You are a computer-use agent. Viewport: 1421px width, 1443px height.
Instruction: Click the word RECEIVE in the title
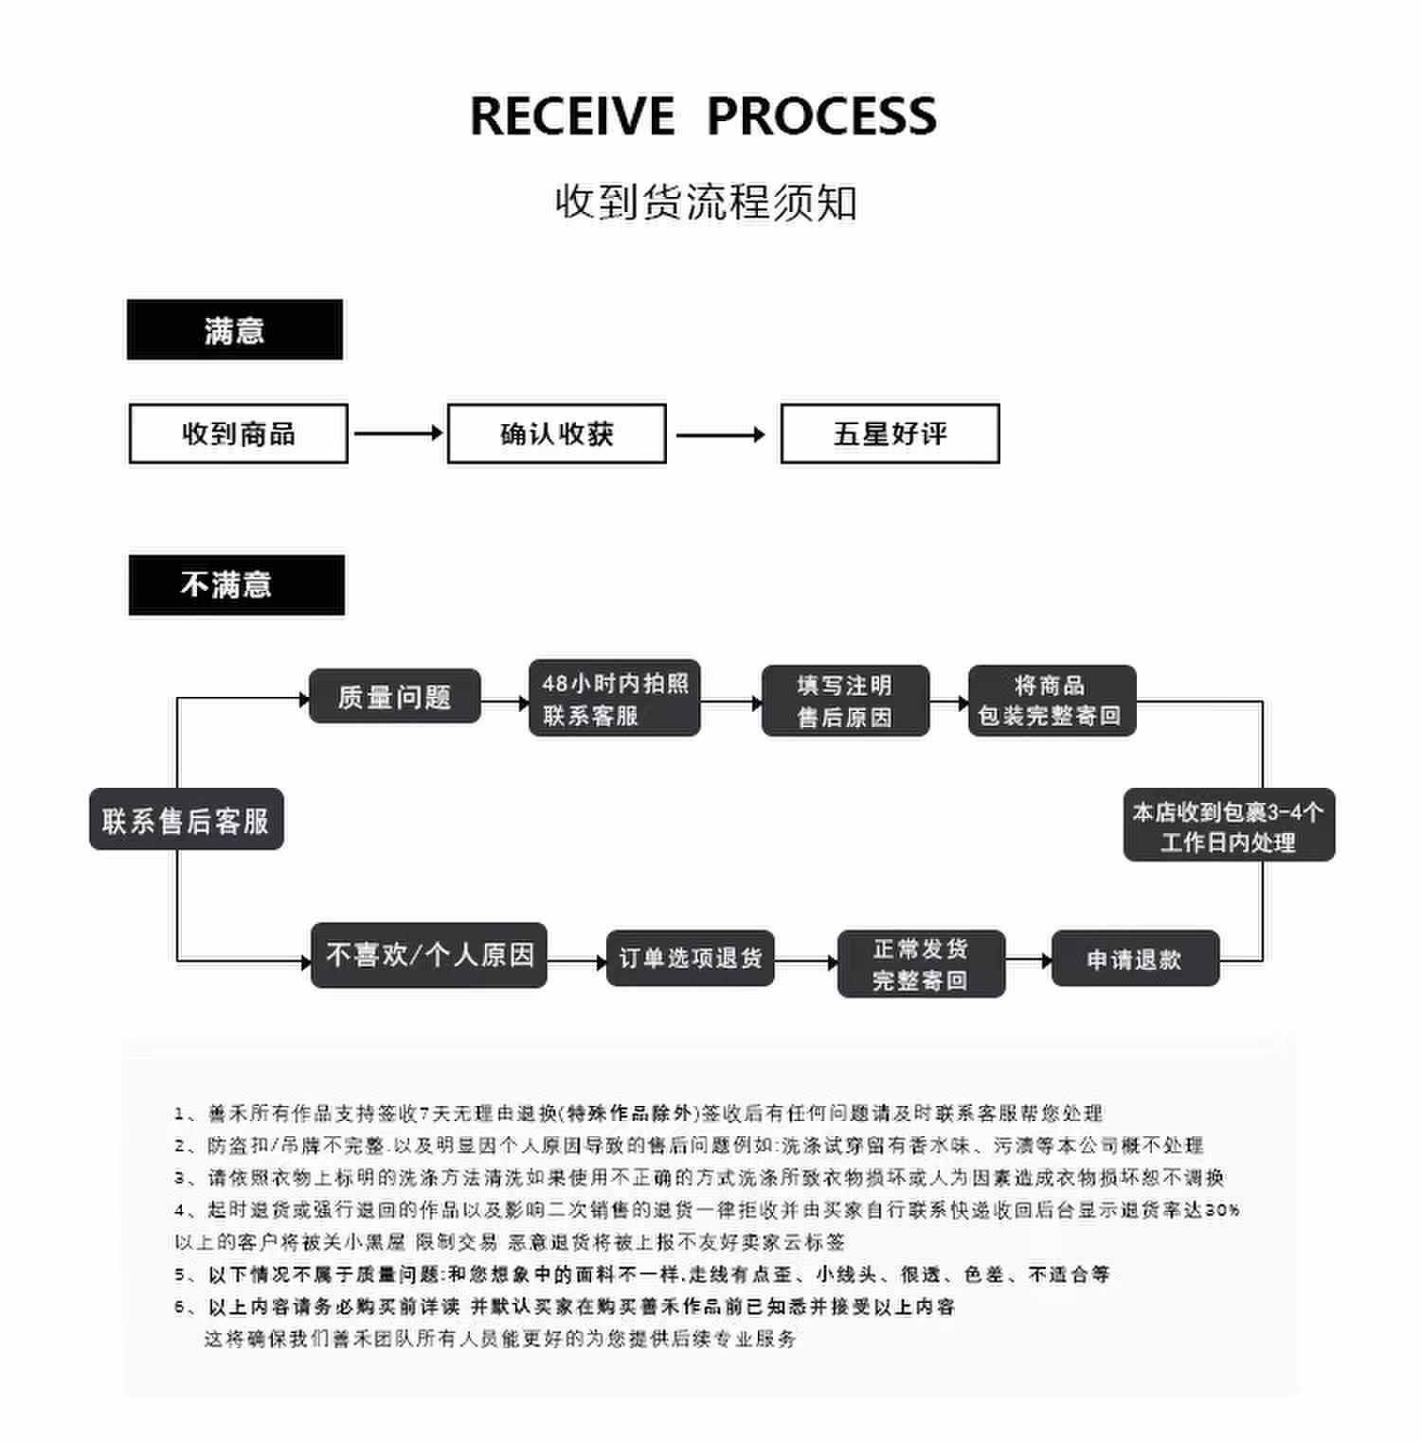click(572, 116)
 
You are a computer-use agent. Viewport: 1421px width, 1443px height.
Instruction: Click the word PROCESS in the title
click(821, 116)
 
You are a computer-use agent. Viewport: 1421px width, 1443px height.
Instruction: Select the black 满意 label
click(235, 330)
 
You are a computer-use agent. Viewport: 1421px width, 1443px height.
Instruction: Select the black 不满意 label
click(236, 585)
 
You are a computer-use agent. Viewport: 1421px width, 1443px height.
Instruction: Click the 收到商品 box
click(239, 434)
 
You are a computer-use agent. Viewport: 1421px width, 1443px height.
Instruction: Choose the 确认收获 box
click(557, 434)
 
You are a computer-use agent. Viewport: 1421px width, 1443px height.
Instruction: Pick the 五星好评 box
click(890, 434)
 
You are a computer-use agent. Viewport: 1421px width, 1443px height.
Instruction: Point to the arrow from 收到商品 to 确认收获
click(398, 434)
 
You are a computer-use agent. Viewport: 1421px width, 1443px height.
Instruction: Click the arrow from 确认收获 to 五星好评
click(721, 435)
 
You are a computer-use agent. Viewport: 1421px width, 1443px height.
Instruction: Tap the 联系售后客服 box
click(187, 819)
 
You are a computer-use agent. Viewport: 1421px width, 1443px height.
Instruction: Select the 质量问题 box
click(395, 697)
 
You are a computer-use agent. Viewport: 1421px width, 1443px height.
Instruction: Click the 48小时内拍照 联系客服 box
click(615, 699)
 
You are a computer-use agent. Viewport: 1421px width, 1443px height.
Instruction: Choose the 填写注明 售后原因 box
click(845, 701)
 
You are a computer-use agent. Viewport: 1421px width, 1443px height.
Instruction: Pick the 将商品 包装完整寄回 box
click(1052, 701)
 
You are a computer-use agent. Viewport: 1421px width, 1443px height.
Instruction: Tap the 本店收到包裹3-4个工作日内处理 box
click(1229, 826)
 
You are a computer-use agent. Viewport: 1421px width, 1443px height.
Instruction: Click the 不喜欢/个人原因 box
click(429, 955)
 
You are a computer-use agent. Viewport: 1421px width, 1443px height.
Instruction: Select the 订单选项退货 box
click(691, 958)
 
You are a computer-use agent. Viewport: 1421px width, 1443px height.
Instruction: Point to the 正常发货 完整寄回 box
click(921, 964)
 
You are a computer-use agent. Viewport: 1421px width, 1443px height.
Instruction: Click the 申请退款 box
click(1135, 959)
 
